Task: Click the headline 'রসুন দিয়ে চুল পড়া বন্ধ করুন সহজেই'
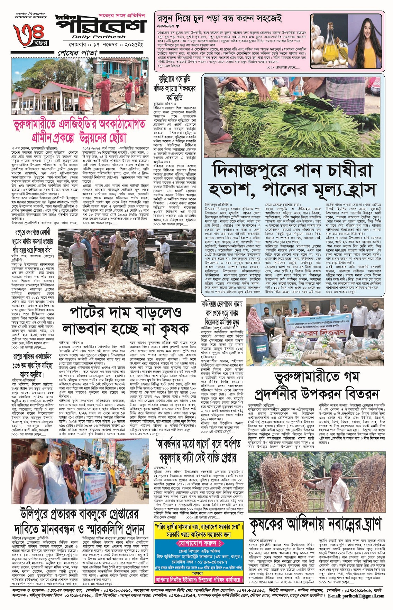[220, 18]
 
